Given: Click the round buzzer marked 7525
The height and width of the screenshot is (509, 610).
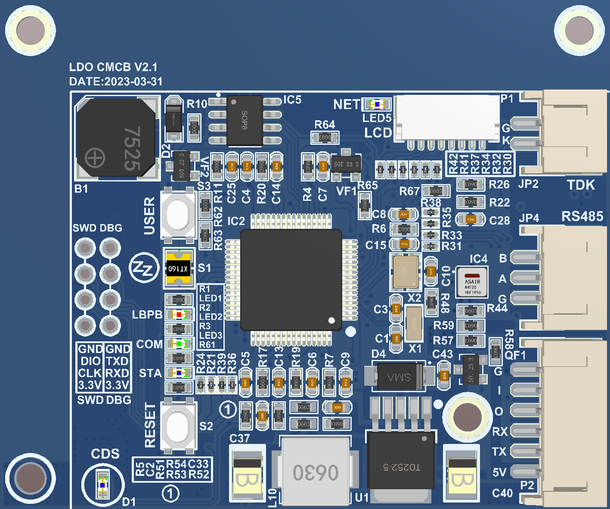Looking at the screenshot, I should (x=115, y=138).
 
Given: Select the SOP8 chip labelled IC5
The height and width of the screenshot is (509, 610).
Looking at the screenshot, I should (x=245, y=120).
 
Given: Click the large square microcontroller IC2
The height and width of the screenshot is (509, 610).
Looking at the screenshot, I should (x=291, y=280).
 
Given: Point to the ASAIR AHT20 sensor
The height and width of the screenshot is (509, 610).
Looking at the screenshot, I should (x=472, y=282).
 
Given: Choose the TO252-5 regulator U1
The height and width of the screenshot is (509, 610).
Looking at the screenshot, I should (x=400, y=465).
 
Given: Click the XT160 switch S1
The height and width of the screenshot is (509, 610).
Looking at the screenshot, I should (x=179, y=268).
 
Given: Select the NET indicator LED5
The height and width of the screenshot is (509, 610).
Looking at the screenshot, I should (x=378, y=104).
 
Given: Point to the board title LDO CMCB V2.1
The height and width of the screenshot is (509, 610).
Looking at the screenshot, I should (x=113, y=67).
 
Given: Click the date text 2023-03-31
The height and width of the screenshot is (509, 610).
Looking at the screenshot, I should (x=133, y=81).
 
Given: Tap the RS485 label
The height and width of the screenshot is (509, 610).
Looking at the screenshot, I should (x=582, y=216).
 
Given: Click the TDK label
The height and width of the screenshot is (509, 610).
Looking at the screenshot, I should (x=581, y=185).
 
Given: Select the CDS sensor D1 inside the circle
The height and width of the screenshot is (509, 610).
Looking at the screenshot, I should (x=102, y=485).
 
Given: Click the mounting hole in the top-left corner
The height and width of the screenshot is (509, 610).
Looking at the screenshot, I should (x=31, y=31).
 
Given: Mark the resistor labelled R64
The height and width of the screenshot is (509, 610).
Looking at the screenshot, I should (x=325, y=138).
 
